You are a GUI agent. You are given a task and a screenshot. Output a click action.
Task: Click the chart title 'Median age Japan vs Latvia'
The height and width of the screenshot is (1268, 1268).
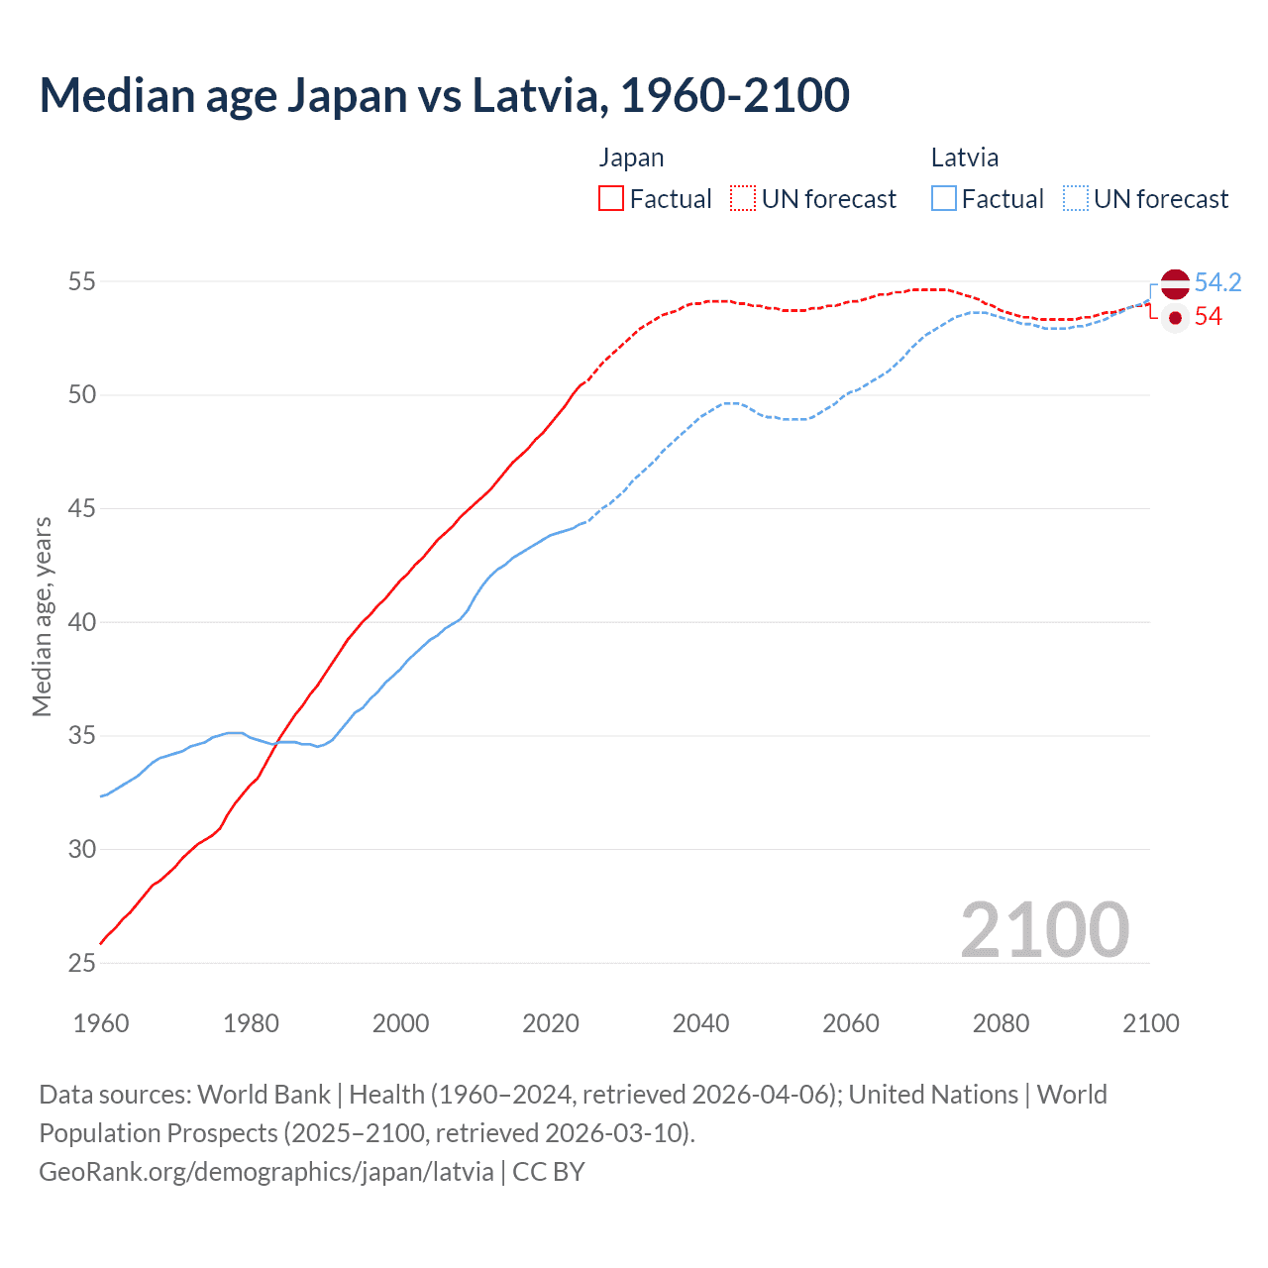pos(444,96)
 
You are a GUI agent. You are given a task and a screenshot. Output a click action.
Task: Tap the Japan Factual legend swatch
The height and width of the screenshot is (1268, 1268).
pos(611,199)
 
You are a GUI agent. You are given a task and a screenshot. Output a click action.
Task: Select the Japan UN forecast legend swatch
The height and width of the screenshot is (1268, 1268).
pos(743,199)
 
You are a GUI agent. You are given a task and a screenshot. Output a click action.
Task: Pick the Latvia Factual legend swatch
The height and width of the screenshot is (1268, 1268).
pos(944,199)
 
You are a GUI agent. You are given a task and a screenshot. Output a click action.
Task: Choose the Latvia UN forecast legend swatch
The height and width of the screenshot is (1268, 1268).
pos(1076,199)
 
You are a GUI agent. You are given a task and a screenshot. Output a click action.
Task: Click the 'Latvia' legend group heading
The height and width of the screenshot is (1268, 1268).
pos(964,158)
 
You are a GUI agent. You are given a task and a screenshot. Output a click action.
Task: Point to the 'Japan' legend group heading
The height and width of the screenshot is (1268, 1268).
pos(631,158)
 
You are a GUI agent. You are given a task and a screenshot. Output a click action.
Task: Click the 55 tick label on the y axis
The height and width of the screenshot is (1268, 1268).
pos(81,282)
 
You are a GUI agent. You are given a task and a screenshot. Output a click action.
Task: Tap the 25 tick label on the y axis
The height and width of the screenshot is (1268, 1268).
pos(81,963)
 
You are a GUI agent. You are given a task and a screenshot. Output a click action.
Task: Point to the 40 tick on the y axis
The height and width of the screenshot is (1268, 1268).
pos(81,622)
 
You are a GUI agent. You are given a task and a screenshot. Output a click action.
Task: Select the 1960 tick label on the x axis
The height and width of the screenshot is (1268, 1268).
pos(101,1023)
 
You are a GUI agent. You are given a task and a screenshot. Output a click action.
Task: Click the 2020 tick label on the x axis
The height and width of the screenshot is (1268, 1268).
pos(551,1023)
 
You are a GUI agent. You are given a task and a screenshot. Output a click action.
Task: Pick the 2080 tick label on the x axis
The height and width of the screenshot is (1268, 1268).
pos(1001,1023)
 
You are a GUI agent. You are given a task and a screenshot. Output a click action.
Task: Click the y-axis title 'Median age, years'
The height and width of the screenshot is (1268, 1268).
pos(42,616)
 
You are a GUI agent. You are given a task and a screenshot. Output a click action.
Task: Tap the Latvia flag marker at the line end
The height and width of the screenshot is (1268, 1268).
pos(1175,283)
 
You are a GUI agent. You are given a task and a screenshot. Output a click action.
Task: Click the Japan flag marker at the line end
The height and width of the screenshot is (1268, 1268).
pos(1175,318)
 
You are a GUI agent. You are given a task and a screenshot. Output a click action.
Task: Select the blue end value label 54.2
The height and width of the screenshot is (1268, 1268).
pos(1217,283)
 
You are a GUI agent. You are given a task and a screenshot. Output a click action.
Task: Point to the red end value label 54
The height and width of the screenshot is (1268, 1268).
pos(1208,317)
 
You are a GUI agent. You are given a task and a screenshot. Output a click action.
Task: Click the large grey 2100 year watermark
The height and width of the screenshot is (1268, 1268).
pos(1044,929)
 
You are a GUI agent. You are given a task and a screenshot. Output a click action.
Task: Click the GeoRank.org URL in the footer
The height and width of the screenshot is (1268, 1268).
pos(265,1172)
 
